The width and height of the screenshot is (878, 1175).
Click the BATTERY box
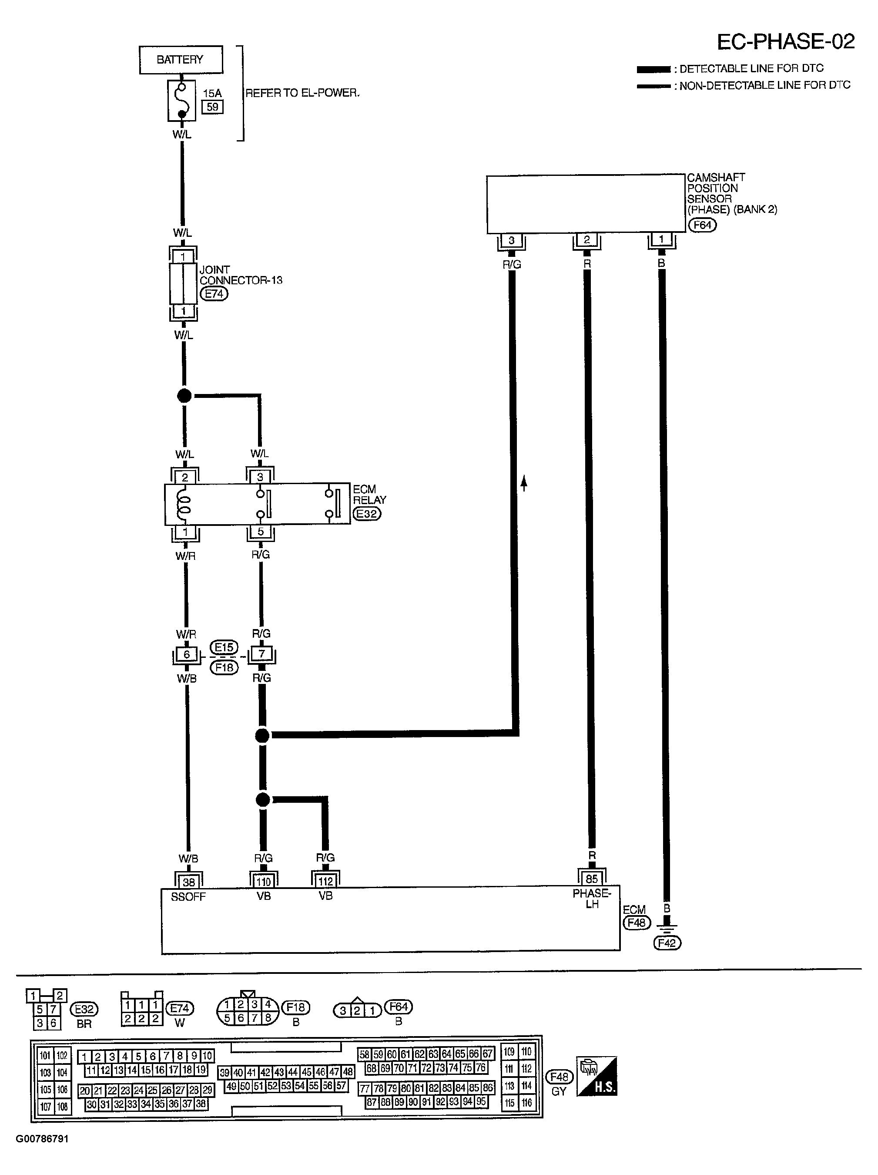click(x=181, y=60)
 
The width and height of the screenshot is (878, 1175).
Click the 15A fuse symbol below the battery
click(x=181, y=100)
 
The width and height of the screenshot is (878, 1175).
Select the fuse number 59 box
click(x=212, y=107)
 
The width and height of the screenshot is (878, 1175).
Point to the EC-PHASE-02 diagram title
click(x=786, y=41)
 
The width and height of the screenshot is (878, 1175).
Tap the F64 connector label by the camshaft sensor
click(x=702, y=225)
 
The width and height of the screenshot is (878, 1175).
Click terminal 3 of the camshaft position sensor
click(x=511, y=241)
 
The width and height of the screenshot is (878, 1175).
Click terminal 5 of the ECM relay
click(x=261, y=531)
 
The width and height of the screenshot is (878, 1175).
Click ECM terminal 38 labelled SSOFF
click(x=188, y=882)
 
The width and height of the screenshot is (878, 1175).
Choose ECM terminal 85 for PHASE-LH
click(x=591, y=879)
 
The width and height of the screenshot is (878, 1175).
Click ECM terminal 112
click(x=325, y=881)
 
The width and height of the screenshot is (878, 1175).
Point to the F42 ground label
click(x=667, y=943)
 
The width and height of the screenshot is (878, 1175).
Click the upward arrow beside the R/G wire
click(x=524, y=483)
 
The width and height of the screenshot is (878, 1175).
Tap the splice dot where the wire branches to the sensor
click(x=262, y=736)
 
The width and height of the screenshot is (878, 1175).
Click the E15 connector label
click(x=224, y=647)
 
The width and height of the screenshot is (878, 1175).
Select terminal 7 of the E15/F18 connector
click(x=261, y=654)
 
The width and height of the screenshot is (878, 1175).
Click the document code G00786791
click(x=43, y=1139)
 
